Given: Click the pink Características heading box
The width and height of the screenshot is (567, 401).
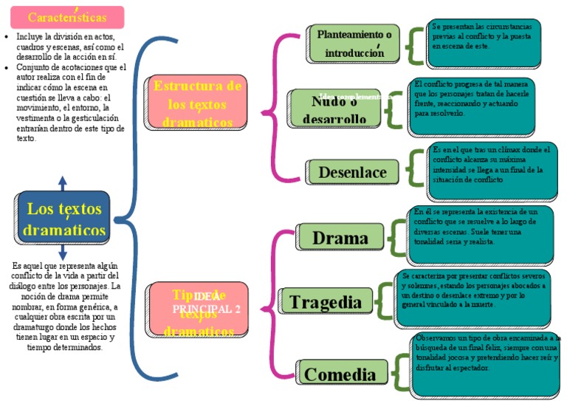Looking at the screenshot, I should (67, 17).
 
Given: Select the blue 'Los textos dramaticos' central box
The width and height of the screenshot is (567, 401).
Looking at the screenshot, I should (63, 218).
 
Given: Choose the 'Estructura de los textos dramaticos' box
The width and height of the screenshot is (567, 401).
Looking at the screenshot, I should (197, 103).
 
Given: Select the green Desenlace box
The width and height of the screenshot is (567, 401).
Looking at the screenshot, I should (352, 172).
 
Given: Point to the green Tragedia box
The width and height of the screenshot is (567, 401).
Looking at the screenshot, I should (329, 301).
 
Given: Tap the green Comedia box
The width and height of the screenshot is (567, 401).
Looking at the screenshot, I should (340, 374).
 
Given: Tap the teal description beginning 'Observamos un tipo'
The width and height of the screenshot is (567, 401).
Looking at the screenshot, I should (486, 364).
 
